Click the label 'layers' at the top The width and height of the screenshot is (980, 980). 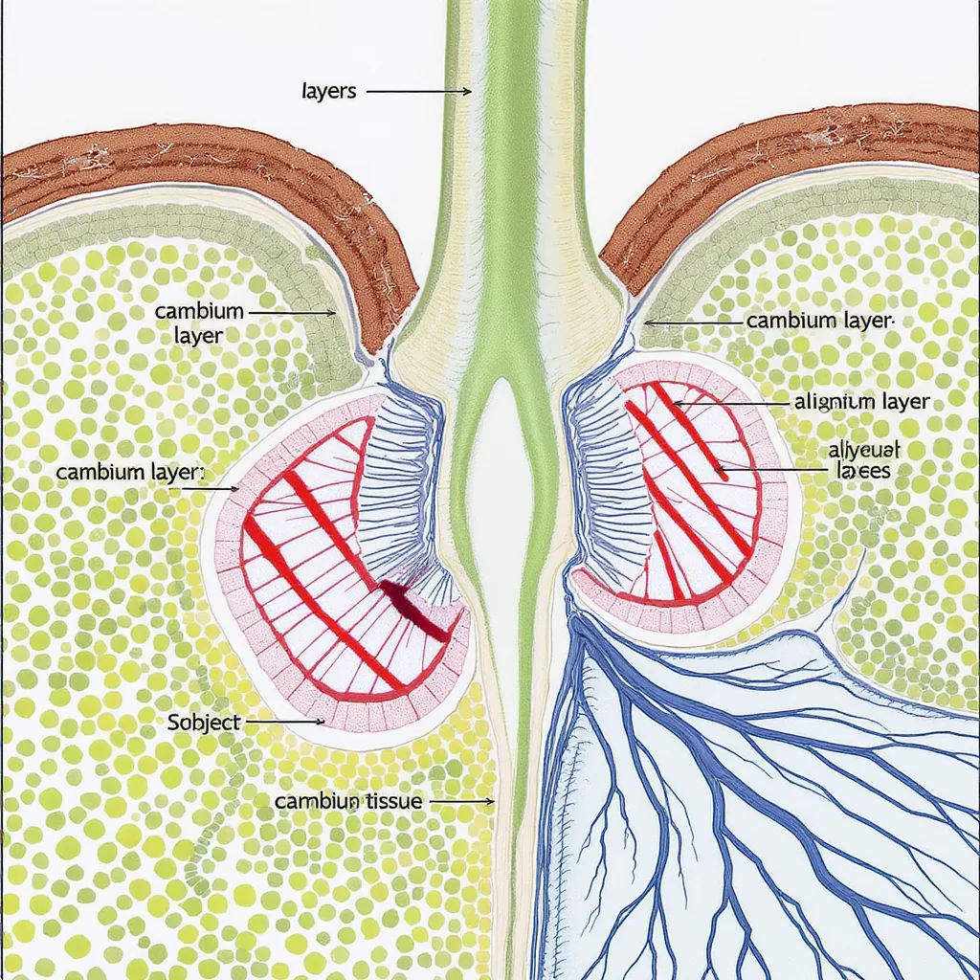(x=328, y=92)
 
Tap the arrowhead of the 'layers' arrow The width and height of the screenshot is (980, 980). (x=467, y=92)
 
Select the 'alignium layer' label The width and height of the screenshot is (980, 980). (x=861, y=402)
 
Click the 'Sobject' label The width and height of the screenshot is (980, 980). (x=204, y=723)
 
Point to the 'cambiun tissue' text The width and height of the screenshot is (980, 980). (x=348, y=801)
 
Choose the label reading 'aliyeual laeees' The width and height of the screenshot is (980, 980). (x=862, y=460)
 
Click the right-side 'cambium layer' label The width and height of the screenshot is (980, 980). (x=819, y=322)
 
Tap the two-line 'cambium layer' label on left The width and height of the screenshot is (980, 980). (x=199, y=323)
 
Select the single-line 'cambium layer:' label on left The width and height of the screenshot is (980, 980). (x=131, y=473)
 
